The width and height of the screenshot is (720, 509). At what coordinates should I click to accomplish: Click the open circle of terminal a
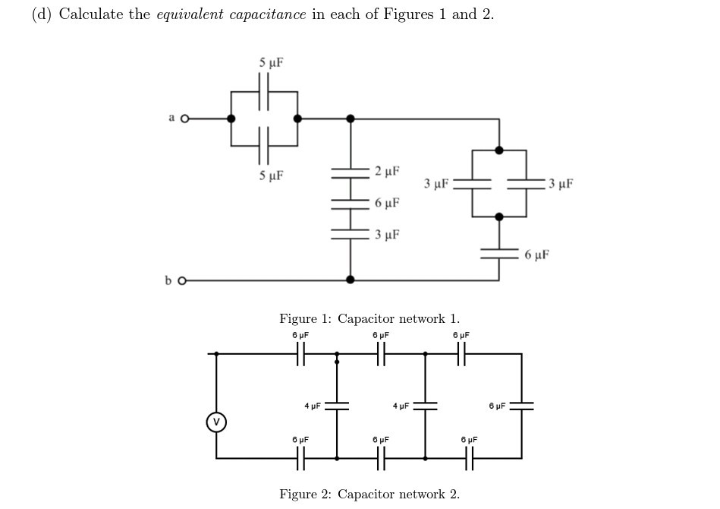coord(184,119)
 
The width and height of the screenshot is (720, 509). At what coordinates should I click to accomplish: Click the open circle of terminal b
coord(181,280)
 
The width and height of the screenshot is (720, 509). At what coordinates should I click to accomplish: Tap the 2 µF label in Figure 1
coord(387,171)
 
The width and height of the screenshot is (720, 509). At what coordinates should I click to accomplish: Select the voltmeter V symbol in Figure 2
coord(216,421)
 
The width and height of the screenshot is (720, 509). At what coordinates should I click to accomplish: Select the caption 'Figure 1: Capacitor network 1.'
coord(369,318)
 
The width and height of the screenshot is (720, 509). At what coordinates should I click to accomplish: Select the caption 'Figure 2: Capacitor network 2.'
coord(369,494)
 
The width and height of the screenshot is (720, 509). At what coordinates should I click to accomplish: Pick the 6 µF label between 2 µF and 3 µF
coord(387,203)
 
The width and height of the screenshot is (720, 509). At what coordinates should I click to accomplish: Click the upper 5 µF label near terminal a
coord(270,62)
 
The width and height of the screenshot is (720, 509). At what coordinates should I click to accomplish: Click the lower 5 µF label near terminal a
coord(270,176)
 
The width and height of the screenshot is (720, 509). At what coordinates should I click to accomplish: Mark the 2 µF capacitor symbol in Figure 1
coord(350,172)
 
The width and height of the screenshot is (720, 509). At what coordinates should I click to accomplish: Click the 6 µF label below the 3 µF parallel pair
coord(536,254)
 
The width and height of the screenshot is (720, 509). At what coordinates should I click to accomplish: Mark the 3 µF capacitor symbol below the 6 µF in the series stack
coord(350,233)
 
